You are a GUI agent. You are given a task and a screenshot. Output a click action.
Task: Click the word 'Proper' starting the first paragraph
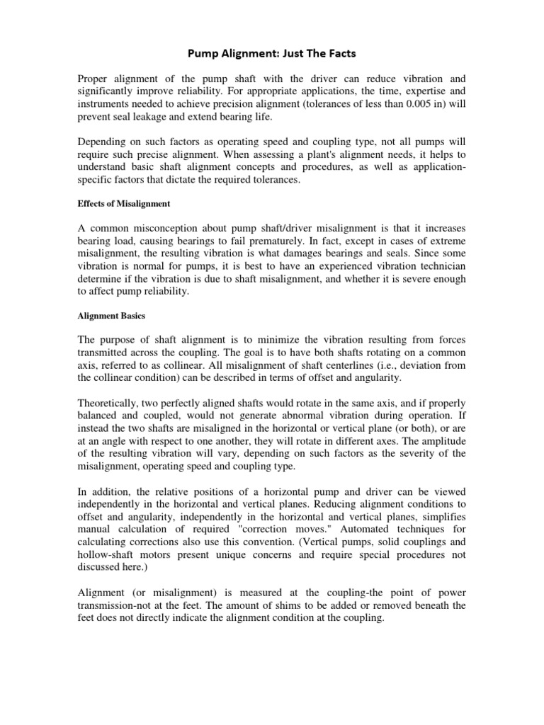(x=93, y=79)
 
